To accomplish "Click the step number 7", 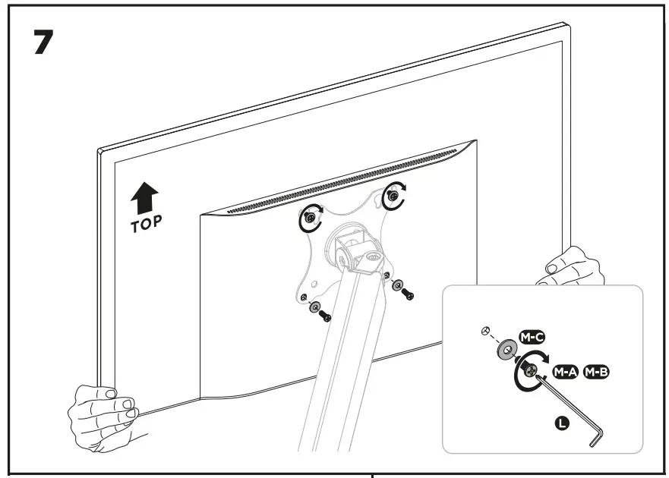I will [43, 43].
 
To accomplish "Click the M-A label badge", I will [565, 372].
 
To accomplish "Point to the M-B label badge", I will [596, 372].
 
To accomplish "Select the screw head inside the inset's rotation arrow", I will [529, 371].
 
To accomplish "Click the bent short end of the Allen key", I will [598, 438].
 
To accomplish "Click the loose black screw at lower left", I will [326, 315].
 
